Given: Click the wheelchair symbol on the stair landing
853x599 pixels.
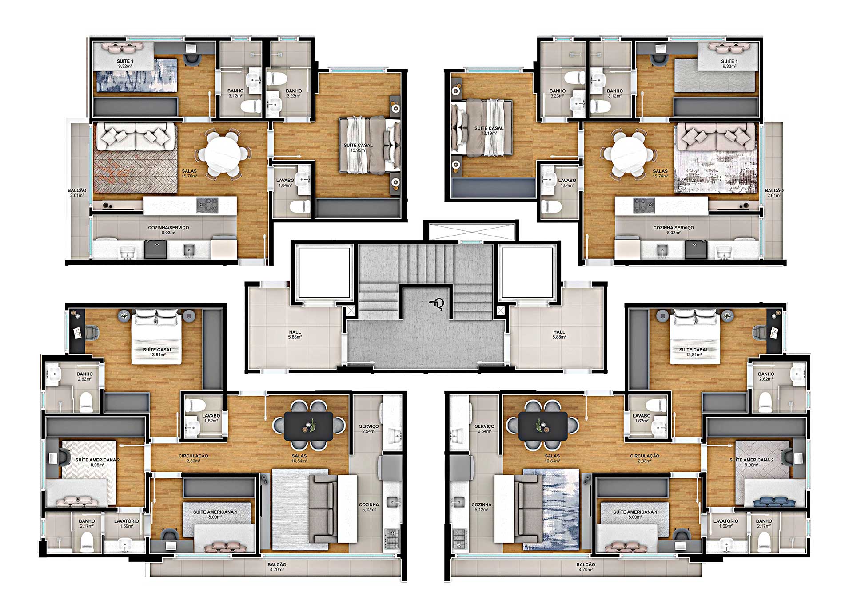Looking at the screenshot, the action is [x=437, y=304].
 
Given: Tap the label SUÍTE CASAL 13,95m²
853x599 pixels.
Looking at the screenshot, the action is [x=358, y=148].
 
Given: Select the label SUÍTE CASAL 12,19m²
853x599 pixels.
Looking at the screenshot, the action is [x=489, y=131].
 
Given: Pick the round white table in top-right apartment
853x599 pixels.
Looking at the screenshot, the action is [x=628, y=154].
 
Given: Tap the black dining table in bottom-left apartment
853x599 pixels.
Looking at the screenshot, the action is [x=308, y=426].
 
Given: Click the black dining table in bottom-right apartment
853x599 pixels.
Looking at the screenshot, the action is [x=543, y=426].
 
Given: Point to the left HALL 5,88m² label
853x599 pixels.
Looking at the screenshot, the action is [x=295, y=335].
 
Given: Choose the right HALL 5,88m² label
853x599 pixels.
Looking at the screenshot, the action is [x=559, y=335].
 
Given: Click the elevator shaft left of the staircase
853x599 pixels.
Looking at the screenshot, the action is [x=324, y=272].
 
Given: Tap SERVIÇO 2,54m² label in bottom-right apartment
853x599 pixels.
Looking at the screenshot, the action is [x=484, y=429].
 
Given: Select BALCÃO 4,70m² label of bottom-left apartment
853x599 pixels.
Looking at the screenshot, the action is [x=277, y=567].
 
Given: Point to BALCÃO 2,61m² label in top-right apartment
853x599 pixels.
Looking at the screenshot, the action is [x=774, y=193].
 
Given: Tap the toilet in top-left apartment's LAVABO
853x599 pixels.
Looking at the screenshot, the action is [x=300, y=206].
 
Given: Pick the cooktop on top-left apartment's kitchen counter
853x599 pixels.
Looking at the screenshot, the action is [x=207, y=205].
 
